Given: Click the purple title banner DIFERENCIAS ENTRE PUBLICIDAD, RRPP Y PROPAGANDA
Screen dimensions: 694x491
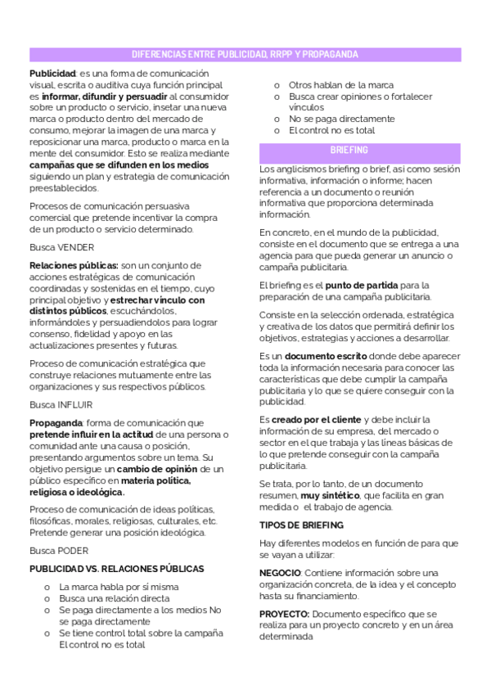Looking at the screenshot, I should tap(245, 55).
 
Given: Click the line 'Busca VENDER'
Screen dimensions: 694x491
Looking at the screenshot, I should tap(61, 247).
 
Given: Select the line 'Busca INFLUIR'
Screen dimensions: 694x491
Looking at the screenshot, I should tap(61, 404).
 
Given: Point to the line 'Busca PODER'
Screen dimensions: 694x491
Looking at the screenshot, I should tap(59, 550).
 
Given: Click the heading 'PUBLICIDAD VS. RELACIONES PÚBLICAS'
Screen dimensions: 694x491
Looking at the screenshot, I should tap(117, 568).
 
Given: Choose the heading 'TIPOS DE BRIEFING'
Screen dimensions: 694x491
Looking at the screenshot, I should tap(301, 525).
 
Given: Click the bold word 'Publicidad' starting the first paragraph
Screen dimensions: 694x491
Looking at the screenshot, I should tap(52, 74).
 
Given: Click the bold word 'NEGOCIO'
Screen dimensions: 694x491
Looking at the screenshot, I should tap(280, 572).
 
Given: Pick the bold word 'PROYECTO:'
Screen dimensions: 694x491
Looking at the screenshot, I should tap(283, 613).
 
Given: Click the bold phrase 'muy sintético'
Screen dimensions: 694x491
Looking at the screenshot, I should tap(330, 496).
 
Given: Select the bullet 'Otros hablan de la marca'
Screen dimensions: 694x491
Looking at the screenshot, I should tap(341, 85).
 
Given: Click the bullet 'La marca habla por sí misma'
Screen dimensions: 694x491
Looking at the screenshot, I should tap(119, 587).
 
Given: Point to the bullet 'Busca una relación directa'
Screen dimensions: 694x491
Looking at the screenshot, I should tap(115, 598).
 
